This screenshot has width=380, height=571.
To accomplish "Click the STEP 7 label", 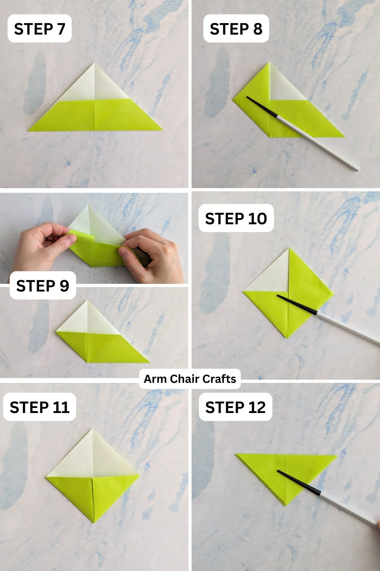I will click(x=40, y=29).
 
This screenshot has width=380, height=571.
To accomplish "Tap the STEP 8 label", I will click(x=236, y=29).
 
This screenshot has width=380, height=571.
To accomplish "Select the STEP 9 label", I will click(x=43, y=285).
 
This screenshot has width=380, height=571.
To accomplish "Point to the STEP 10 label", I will click(x=236, y=218).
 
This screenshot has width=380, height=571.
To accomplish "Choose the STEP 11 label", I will click(x=40, y=407).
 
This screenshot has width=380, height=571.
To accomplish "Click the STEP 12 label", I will click(x=235, y=407).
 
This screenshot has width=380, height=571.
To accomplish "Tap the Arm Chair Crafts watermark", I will click(x=190, y=379).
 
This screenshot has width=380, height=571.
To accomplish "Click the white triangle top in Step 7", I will click(x=95, y=82).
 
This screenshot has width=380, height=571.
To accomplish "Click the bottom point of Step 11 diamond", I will click(x=94, y=522).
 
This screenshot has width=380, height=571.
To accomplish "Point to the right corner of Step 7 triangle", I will click(x=161, y=129).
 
